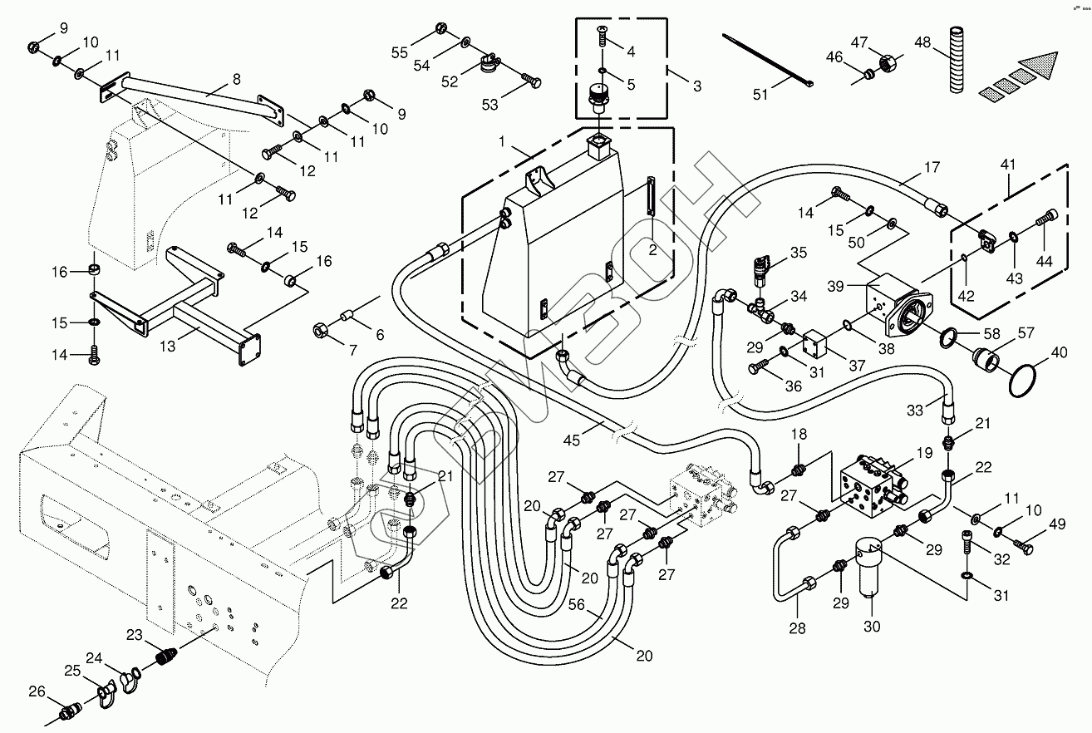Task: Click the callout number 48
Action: [x=922, y=42]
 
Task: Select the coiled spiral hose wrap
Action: [x=957, y=59]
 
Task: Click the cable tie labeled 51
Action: [x=768, y=60]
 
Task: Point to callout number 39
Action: [x=835, y=286]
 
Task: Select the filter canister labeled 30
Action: [x=871, y=570]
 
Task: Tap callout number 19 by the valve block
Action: [x=924, y=453]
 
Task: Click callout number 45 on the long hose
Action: [x=572, y=440]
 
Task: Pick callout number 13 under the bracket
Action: [x=167, y=346]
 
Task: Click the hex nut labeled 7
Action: [x=320, y=332]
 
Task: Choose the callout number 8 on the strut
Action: [x=237, y=79]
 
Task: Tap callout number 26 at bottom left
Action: [x=37, y=691]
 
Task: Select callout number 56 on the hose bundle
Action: [x=576, y=605]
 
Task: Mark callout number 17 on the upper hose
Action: [x=932, y=167]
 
